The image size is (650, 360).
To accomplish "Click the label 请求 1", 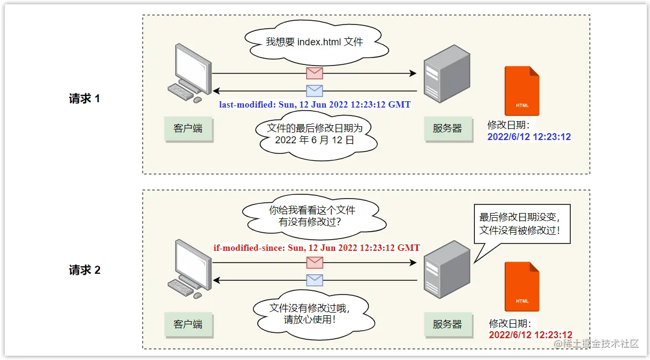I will click(84, 99).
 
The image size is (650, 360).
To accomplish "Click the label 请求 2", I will click(84, 270).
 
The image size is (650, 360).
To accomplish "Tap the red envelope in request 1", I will click(314, 73).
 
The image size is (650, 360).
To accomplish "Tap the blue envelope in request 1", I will click(314, 91).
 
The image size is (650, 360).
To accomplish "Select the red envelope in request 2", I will click(315, 263).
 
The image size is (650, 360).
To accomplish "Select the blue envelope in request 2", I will click(315, 280).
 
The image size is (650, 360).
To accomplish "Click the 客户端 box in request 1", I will click(188, 128).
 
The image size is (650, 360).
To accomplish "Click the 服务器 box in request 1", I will click(447, 128).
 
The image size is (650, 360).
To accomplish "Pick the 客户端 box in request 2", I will click(188, 324).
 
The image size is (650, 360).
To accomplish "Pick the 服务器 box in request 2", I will click(447, 324).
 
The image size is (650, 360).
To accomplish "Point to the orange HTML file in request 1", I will click(522, 91).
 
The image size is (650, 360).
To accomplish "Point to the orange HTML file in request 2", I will click(522, 287).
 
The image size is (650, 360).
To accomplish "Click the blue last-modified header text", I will click(315, 104).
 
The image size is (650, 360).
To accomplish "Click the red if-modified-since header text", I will click(316, 248).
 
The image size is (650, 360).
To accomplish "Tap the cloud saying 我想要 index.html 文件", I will click(314, 42).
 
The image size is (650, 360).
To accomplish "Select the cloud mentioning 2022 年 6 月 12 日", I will click(314, 134).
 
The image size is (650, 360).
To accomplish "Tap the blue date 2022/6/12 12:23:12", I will click(529, 137).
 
